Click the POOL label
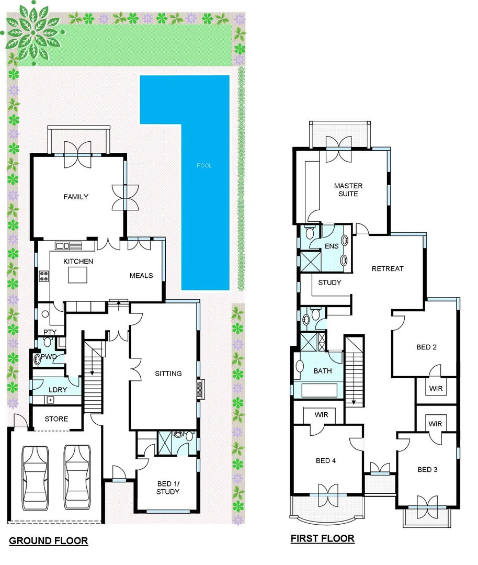pyautogui.click(x=204, y=166)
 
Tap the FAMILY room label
pyautogui.click(x=76, y=197)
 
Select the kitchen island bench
pyautogui.click(x=77, y=274)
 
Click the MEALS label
pyautogui.click(x=141, y=275)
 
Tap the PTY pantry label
pyautogui.click(x=50, y=332)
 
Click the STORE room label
pyautogui.click(x=56, y=419)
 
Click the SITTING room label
pyautogui.click(x=168, y=374)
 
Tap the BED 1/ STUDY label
pyautogui.click(x=167, y=488)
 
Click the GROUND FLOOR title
pyautogui.click(x=49, y=541)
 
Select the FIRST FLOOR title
pyautogui.click(x=323, y=538)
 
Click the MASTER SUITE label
pyautogui.click(x=348, y=190)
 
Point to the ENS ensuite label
pyautogui.click(x=332, y=246)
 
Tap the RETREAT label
pyautogui.click(x=388, y=268)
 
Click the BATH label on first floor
pyautogui.click(x=323, y=371)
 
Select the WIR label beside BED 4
pyautogui.click(x=321, y=415)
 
